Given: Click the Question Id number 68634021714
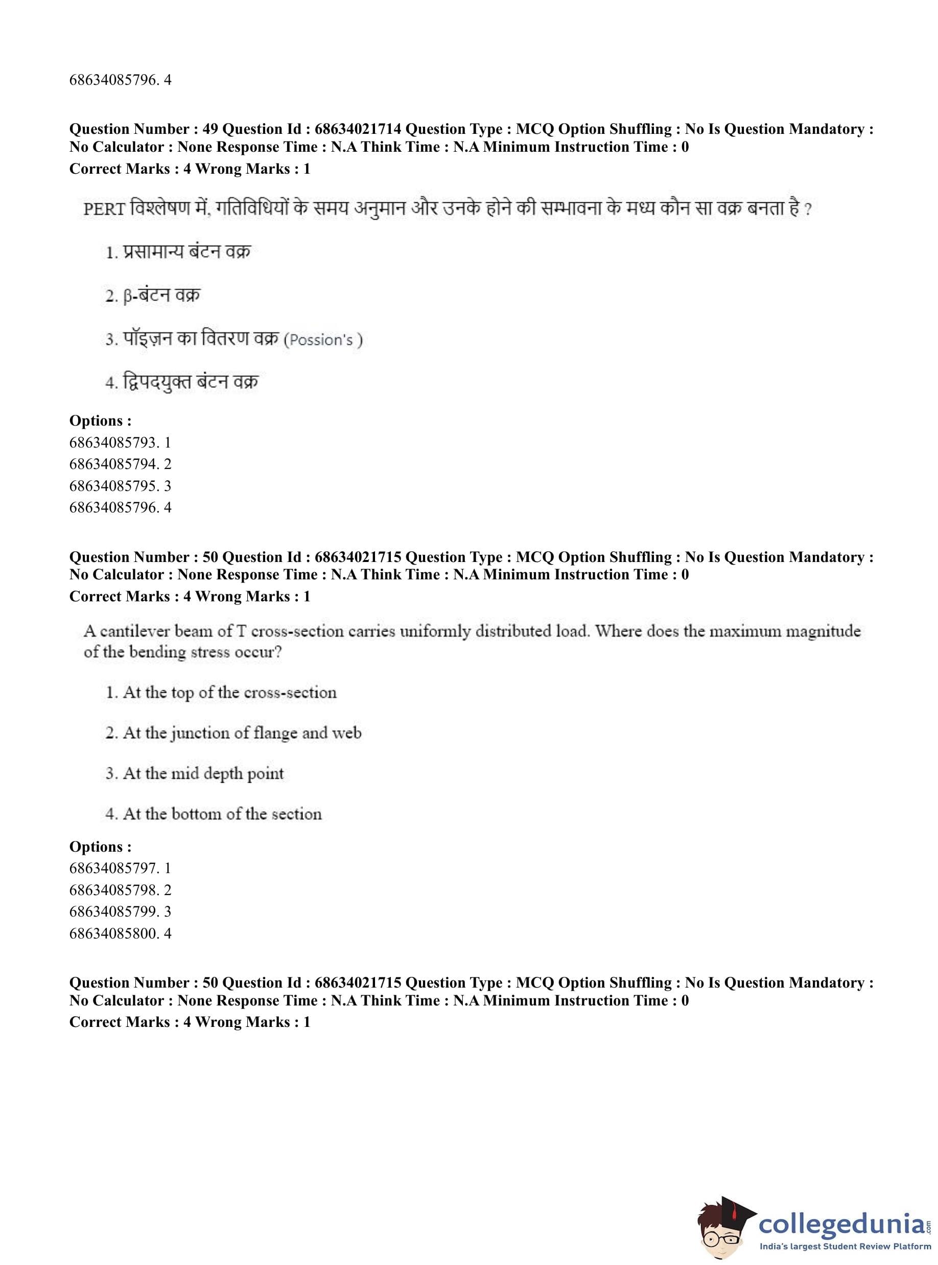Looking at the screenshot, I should coord(358,129).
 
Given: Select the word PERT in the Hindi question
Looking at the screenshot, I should coord(104,209).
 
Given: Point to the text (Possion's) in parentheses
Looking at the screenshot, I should coord(323,340).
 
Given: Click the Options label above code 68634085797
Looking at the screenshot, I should coord(100,847).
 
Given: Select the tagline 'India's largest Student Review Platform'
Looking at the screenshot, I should coord(845,1251).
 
